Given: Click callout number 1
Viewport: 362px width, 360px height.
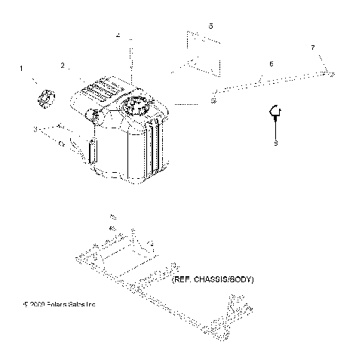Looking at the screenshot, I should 21,69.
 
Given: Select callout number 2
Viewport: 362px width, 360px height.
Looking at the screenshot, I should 64,66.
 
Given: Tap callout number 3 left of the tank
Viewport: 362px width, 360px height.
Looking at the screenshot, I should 35,130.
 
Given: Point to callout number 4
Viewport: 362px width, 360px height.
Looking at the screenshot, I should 118,35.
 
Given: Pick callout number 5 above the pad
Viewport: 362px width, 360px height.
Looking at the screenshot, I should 210,26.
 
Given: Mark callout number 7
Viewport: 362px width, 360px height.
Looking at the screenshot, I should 313,48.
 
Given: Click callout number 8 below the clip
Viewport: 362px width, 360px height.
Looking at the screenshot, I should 276,142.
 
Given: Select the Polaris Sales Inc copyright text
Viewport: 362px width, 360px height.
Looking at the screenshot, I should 60,305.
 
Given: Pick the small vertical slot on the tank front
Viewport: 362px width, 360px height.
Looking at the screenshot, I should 92,150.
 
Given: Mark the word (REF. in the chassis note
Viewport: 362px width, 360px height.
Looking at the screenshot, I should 183,280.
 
